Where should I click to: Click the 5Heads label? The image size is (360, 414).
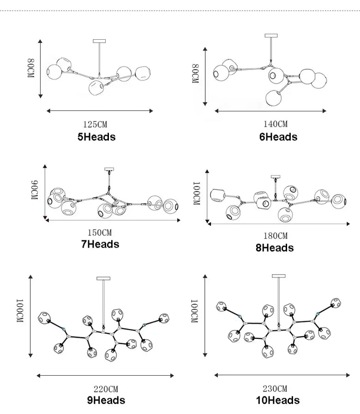(x=96, y=137)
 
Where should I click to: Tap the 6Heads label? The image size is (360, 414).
(x=278, y=137)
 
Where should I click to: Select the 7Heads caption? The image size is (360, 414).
(x=100, y=244)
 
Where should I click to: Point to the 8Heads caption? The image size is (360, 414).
(x=275, y=248)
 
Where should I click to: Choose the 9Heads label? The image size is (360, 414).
(x=106, y=400)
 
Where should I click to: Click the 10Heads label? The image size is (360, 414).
(x=278, y=400)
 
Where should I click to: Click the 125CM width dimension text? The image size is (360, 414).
(x=95, y=124)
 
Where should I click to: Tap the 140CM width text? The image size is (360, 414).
(x=276, y=124)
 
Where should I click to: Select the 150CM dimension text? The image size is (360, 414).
(x=100, y=232)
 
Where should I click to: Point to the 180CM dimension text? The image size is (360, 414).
(x=276, y=236)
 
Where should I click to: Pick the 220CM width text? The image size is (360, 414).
(x=106, y=389)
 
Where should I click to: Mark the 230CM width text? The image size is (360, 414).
(x=275, y=389)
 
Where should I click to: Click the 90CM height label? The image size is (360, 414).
(x=35, y=190)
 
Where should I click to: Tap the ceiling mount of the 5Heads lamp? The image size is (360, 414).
(x=99, y=41)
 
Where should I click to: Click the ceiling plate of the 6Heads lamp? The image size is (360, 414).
(x=271, y=36)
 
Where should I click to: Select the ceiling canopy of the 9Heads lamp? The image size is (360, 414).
(x=103, y=278)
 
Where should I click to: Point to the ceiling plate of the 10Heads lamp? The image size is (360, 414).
(x=279, y=276)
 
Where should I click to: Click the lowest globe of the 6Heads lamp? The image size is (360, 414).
(x=274, y=97)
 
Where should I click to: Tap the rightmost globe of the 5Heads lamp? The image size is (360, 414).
(x=143, y=73)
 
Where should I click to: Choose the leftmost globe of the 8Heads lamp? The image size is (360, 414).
(x=217, y=195)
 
